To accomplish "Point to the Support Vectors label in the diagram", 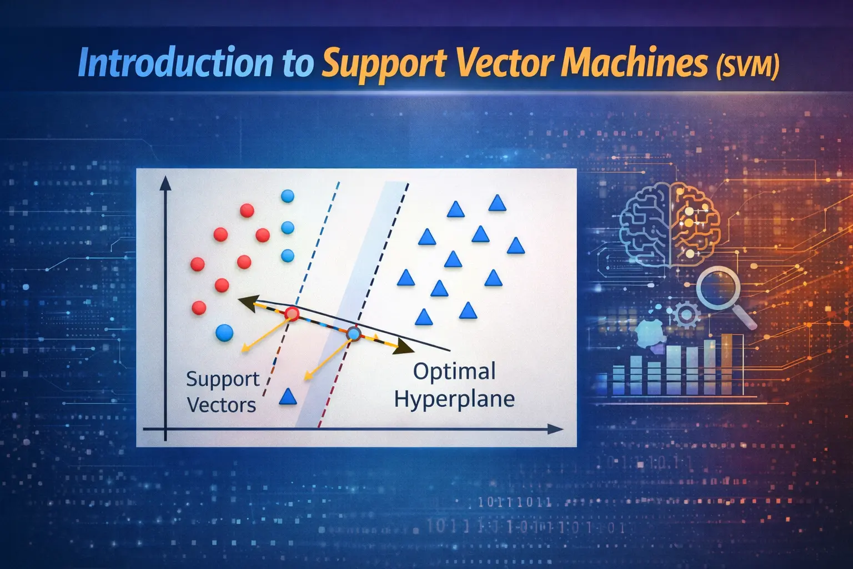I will pyautogui.click(x=222, y=392).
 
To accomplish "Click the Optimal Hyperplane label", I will pyautogui.click(x=454, y=385).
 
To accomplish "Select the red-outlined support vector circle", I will pyautogui.click(x=292, y=315).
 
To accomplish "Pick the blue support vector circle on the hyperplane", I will pyautogui.click(x=353, y=334).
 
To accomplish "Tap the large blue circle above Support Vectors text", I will pyautogui.click(x=224, y=332).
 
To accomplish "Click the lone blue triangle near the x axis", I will pyautogui.click(x=287, y=397).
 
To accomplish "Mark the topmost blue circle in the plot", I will pyautogui.click(x=287, y=196).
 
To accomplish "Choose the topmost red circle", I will pyautogui.click(x=247, y=211).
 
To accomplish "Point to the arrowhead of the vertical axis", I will pyautogui.click(x=165, y=184).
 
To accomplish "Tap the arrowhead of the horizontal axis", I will pyautogui.click(x=555, y=429).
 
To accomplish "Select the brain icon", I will pyautogui.click(x=670, y=223).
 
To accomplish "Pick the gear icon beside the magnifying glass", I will pyautogui.click(x=686, y=315).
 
